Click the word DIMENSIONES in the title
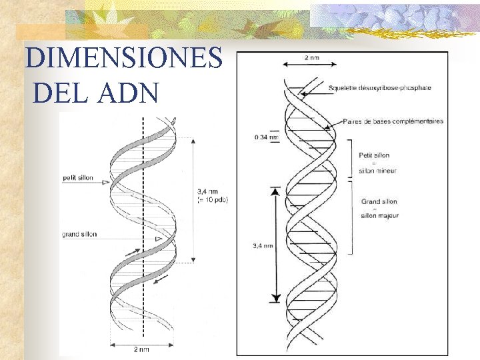[x=124, y=59]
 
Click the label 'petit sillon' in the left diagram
[x=77, y=178]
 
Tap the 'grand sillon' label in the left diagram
[x=79, y=234]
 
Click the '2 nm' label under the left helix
[x=142, y=349]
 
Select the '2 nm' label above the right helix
[x=311, y=58]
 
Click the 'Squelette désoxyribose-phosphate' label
[x=380, y=87]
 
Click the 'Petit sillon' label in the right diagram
[x=374, y=155]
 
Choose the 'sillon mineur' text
[x=378, y=171]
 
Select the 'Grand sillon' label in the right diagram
[x=379, y=201]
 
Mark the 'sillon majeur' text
[x=379, y=216]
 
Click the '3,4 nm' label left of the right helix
[x=263, y=245]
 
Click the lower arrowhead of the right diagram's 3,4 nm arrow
[x=275, y=299]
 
